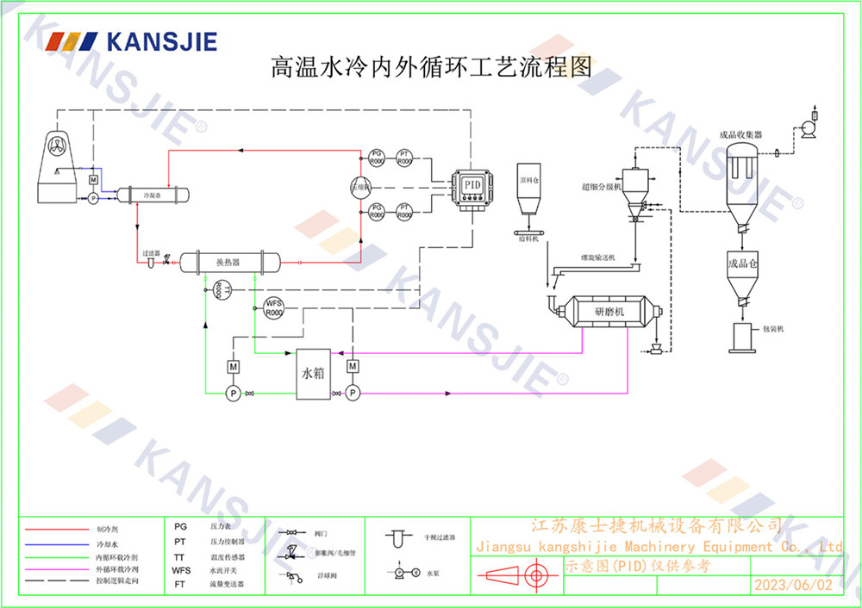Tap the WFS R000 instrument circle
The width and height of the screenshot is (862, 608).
(273, 308)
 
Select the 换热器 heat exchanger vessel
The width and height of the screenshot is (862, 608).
(228, 261)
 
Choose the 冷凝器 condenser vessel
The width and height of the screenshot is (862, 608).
(153, 195)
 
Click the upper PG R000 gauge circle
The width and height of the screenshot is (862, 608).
(377, 158)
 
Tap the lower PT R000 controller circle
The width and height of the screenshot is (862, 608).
(406, 211)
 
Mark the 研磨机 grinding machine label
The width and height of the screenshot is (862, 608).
(613, 311)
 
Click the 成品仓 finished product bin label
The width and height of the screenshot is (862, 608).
(741, 264)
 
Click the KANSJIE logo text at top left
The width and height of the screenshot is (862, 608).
(159, 42)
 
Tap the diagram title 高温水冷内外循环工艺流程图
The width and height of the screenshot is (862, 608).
(432, 68)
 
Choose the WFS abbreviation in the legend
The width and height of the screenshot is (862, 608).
(181, 570)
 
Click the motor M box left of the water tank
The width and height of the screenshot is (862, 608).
(233, 368)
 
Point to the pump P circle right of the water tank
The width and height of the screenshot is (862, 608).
(352, 393)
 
